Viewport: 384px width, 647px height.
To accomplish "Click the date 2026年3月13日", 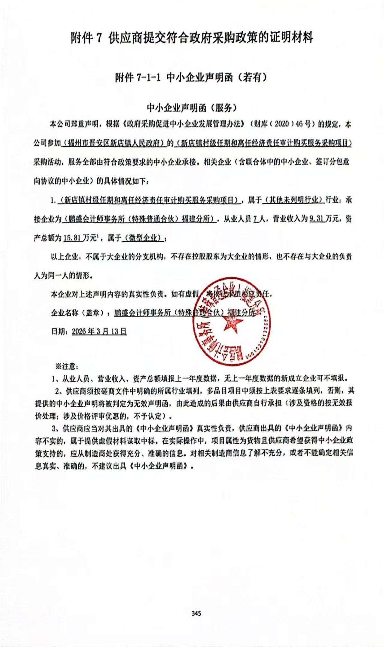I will pos(99,331).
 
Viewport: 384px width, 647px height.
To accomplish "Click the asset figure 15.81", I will pos(72,238).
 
